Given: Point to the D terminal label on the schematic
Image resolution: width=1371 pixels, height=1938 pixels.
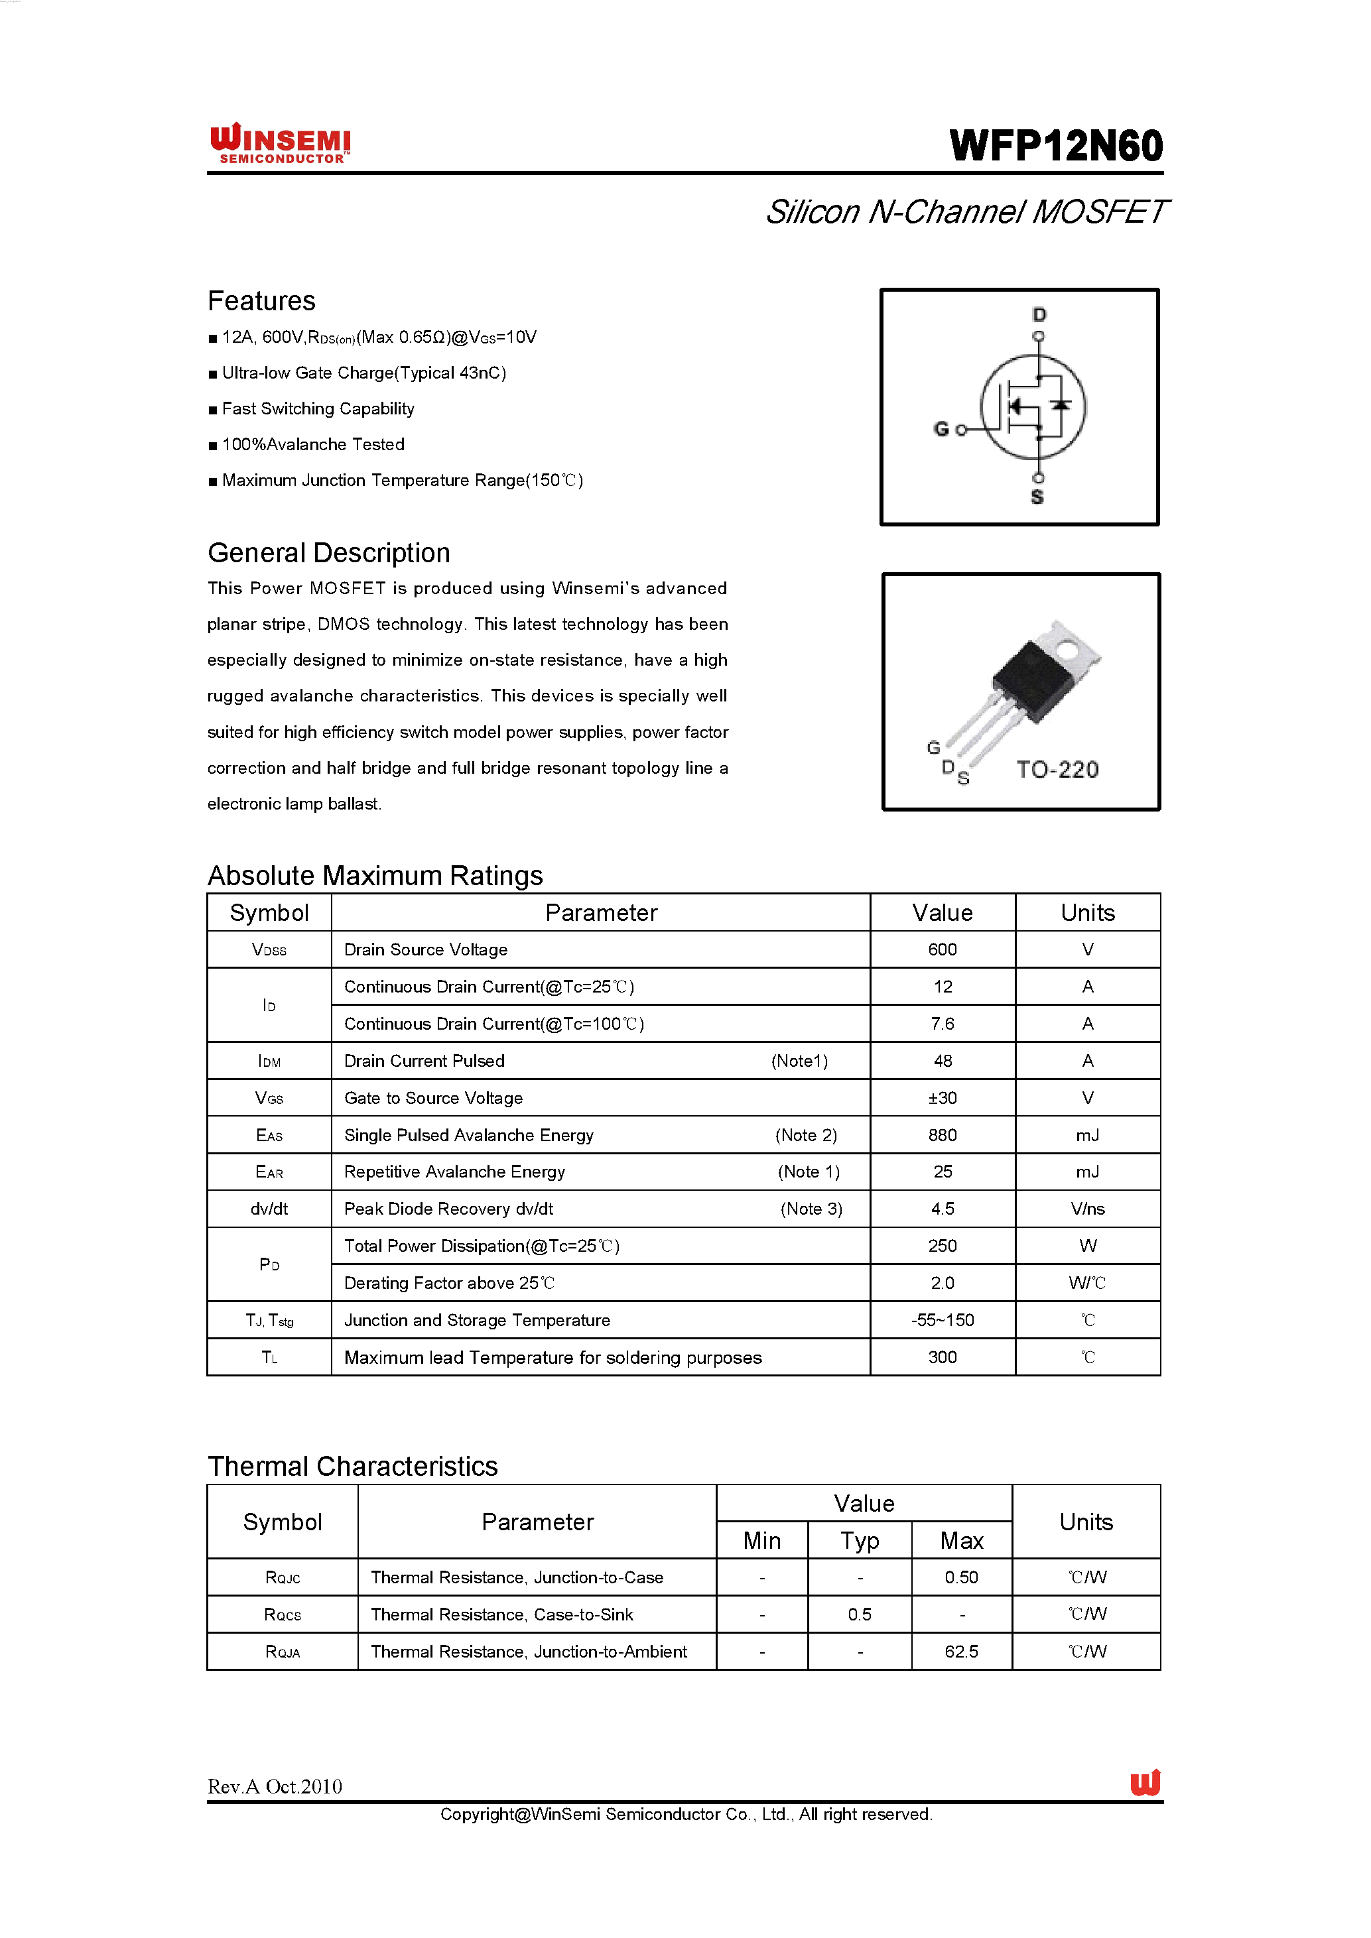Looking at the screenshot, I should (1039, 315).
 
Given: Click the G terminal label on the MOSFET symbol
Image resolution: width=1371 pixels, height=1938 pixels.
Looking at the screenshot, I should (941, 429).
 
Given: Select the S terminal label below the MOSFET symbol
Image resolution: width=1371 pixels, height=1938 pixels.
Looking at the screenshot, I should (1037, 497).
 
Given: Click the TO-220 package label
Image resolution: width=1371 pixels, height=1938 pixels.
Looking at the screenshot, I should (1057, 769).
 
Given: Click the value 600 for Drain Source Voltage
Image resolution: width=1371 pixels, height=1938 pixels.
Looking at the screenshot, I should (942, 949).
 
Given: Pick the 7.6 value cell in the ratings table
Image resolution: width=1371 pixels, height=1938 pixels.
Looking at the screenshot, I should (942, 1024).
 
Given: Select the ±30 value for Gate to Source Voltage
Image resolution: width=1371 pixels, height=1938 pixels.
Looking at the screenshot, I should (942, 1098).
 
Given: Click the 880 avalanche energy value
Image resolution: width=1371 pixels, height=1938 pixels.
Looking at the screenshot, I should (942, 1135).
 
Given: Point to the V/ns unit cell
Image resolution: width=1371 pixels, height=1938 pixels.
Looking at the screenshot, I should (1087, 1209).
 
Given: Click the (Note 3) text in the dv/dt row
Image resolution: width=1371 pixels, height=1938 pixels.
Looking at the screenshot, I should (811, 1209).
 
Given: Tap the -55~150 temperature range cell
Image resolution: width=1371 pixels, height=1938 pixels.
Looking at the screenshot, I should (942, 1320).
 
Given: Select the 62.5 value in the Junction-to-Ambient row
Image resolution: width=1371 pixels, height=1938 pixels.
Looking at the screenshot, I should (962, 1651).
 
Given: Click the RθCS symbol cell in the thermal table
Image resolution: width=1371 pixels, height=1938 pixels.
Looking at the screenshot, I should (282, 1614).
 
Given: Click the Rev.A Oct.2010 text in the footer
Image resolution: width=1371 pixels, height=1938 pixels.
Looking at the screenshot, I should (275, 1786).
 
